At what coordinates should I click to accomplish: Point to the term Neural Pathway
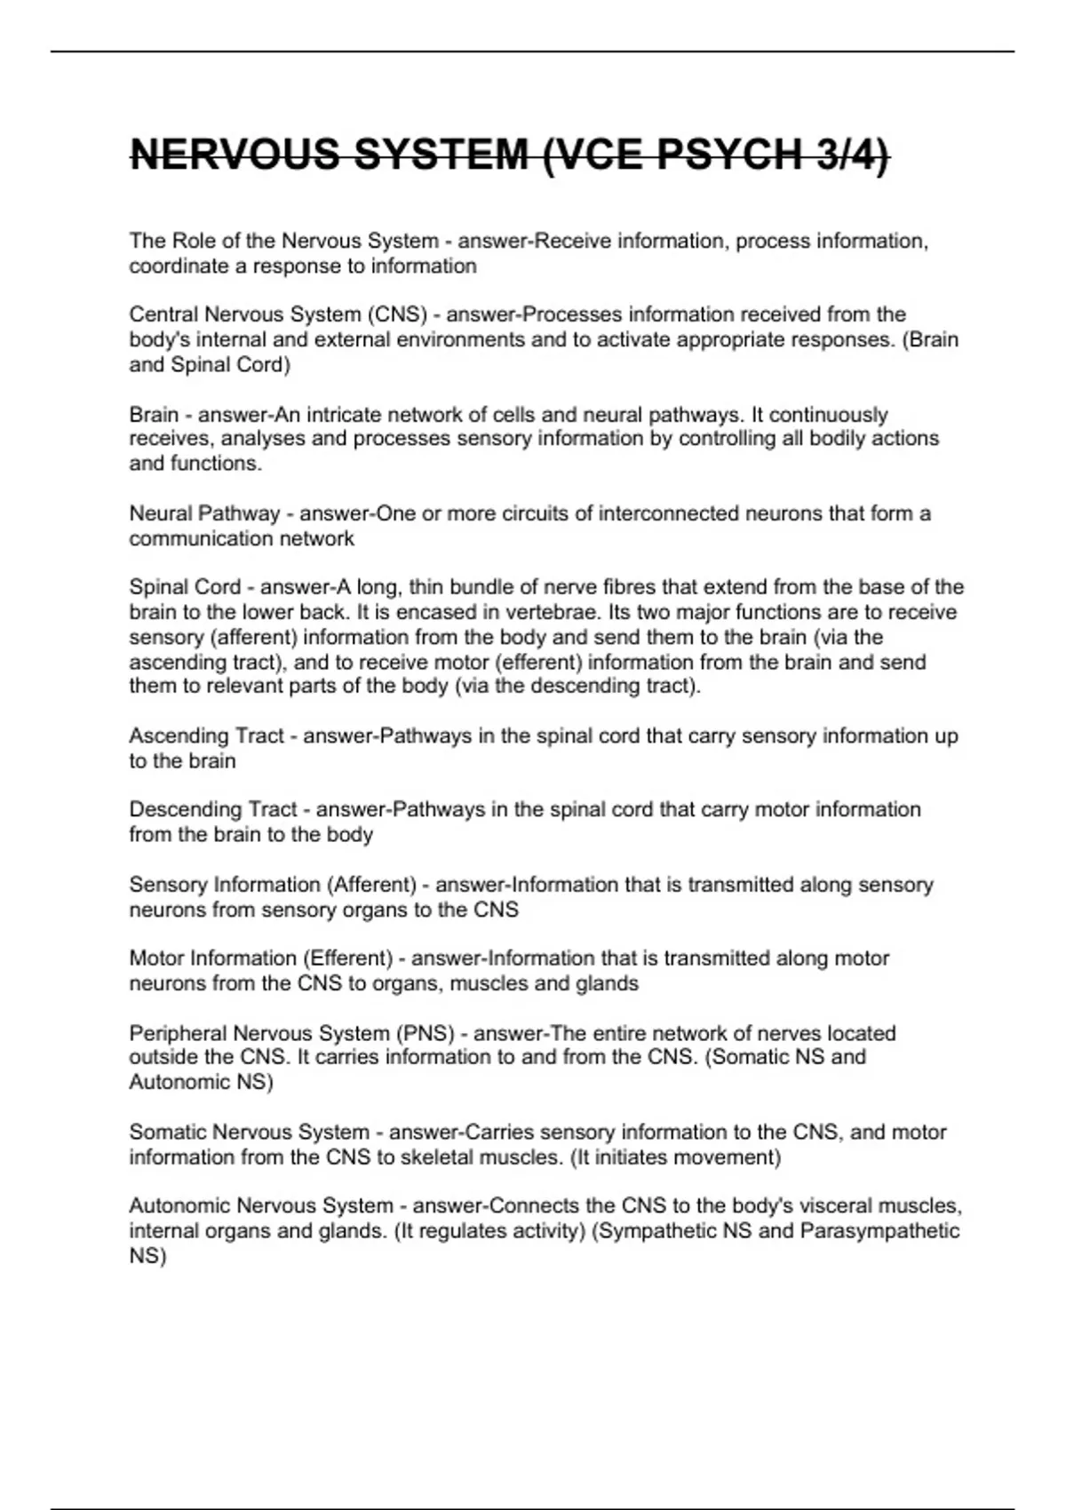point(204,513)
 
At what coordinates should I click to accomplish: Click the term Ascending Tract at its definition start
point(206,736)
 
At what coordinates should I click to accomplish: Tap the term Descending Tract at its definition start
point(213,810)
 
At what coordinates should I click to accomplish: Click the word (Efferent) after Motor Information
point(347,958)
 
